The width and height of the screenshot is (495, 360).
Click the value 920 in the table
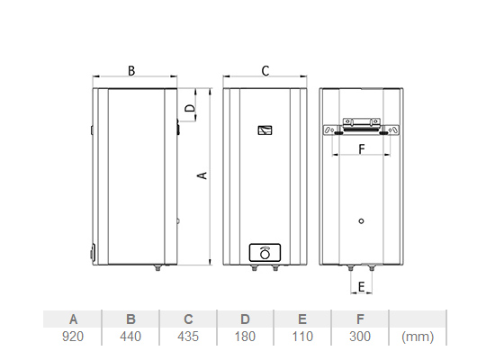[x=73, y=337]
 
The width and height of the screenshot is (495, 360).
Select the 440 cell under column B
[x=130, y=337]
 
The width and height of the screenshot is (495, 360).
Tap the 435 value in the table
[x=188, y=337]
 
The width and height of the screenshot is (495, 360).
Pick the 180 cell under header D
[x=245, y=337]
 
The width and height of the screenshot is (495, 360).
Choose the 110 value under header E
[x=302, y=337]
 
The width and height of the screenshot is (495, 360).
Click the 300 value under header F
[x=360, y=337]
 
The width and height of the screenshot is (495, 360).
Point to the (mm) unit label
[x=418, y=337]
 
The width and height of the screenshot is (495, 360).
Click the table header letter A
[x=73, y=319]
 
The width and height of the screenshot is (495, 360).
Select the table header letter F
[x=360, y=319]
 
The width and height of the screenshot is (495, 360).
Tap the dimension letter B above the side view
[x=131, y=71]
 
